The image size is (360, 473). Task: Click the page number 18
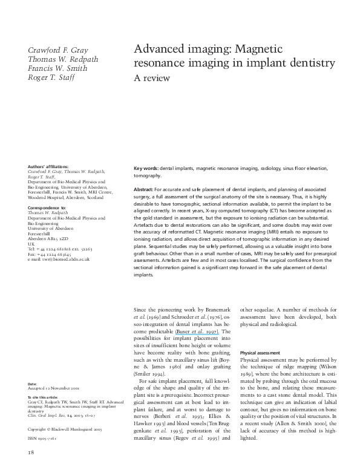[x=31, y=452]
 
